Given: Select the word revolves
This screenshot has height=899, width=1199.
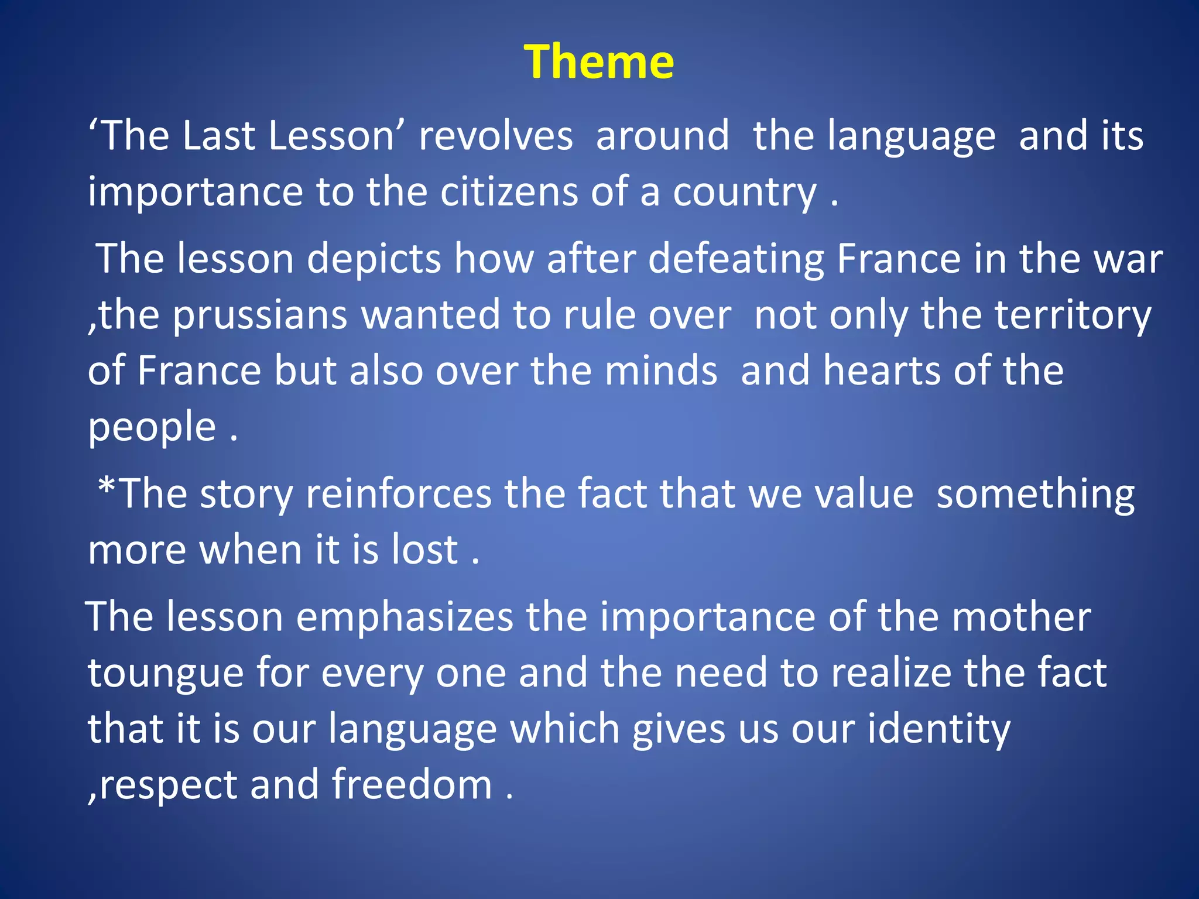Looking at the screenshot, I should (x=495, y=136).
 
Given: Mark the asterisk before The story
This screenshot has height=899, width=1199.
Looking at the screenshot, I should (x=107, y=487).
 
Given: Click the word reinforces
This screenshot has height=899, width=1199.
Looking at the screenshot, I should (x=399, y=494).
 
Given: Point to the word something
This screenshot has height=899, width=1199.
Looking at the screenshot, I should (x=1035, y=495).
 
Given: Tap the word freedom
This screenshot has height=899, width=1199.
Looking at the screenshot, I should (x=412, y=785).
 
